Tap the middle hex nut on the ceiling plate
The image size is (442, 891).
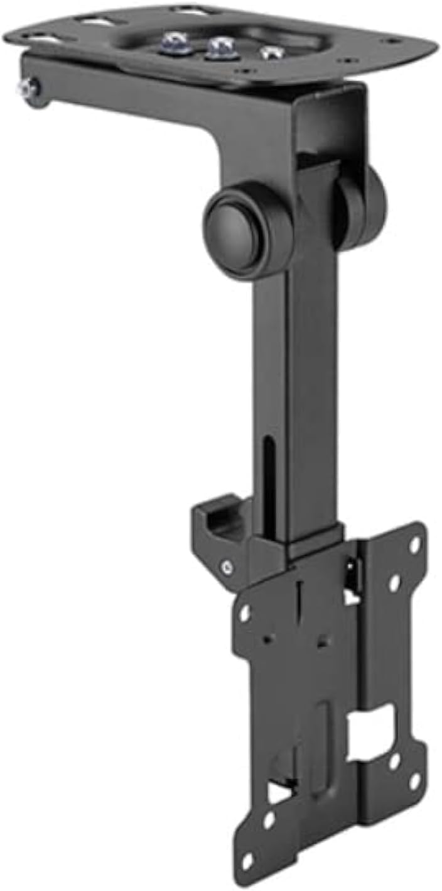[220, 47]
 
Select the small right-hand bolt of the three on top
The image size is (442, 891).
[271, 53]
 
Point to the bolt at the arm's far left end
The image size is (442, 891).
[26, 88]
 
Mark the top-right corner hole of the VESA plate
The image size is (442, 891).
[414, 545]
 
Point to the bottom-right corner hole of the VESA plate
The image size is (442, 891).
[415, 780]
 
